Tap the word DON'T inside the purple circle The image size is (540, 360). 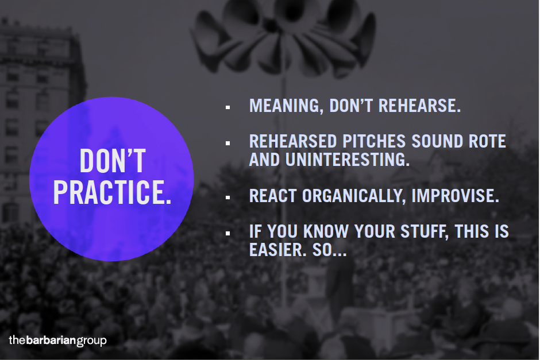point(113,161)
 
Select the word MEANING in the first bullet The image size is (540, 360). point(286,106)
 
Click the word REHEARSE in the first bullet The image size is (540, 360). point(419,106)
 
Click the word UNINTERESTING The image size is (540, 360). point(348,160)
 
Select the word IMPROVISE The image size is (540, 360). point(456,196)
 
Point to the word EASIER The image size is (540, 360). point(277,250)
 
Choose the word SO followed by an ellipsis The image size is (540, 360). point(329,250)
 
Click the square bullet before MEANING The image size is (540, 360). point(228,107)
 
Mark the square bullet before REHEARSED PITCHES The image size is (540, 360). point(228,143)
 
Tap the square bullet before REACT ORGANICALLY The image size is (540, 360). point(228,198)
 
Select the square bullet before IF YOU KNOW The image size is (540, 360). point(228,233)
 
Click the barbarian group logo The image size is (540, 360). point(57,340)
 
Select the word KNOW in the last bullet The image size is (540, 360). point(326,231)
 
